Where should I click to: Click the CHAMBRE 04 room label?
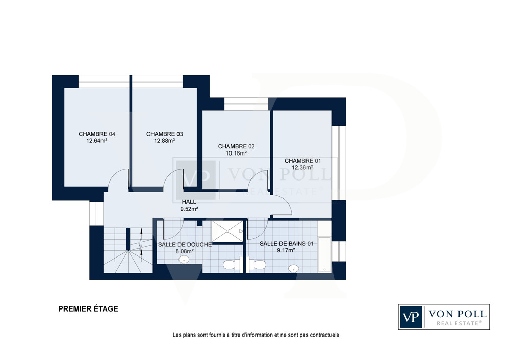tap(97, 134)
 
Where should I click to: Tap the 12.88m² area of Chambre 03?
tap(165, 141)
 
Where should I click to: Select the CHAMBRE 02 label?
tap(237, 146)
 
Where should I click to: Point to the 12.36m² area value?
tap(302, 168)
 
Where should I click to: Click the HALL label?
tap(189, 202)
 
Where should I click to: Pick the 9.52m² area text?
tap(189, 209)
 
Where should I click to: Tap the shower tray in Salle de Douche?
tap(227, 231)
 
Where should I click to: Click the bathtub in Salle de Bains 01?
tap(324, 254)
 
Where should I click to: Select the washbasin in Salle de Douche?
tap(184, 260)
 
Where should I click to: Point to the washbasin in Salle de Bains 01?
tap(294, 269)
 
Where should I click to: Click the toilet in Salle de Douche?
tap(232, 264)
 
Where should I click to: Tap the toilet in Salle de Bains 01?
tap(257, 264)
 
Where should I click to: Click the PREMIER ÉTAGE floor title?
tap(88, 309)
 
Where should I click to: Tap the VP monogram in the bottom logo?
tap(411, 317)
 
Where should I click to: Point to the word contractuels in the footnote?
tap(324, 335)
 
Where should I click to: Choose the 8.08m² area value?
tap(185, 251)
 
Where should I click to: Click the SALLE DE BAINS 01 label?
tap(286, 244)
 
